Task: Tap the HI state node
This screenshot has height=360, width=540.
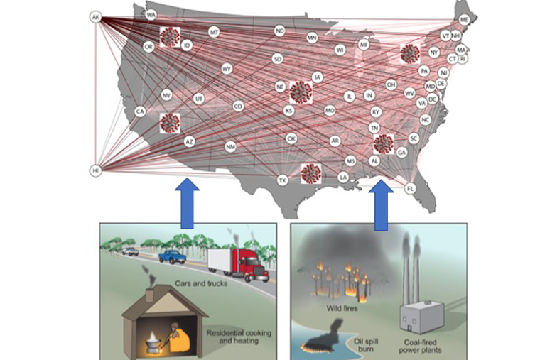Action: click(x=96, y=170)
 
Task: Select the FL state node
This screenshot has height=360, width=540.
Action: click(x=411, y=188)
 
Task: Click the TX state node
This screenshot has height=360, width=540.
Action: click(x=282, y=180)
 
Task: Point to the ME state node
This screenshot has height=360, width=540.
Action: click(x=464, y=19)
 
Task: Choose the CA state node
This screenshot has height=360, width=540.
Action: click(x=140, y=111)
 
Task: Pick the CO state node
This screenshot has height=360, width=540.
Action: click(x=238, y=106)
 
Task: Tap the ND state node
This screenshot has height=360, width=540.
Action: click(x=280, y=31)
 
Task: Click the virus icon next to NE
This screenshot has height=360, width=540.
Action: click(x=301, y=91)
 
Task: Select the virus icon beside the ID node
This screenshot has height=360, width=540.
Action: click(x=171, y=36)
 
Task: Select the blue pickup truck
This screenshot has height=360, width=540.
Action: click(x=172, y=256)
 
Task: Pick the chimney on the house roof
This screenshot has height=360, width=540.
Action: click(x=149, y=293)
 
